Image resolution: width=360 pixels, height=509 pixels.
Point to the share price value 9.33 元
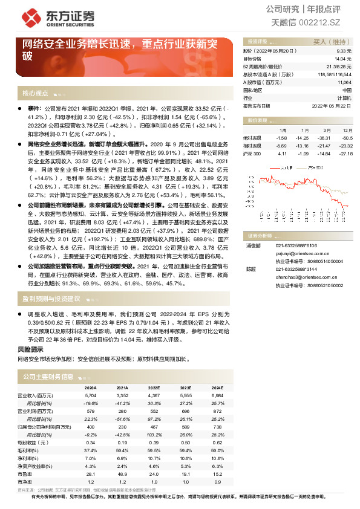click(342, 52)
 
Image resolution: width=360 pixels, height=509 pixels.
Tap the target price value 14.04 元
click(342, 59)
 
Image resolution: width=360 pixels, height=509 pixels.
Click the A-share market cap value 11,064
click(344, 82)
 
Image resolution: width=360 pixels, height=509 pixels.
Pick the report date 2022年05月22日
click(331, 105)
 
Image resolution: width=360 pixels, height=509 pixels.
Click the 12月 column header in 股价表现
click(347, 130)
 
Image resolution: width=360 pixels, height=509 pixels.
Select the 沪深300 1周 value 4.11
click(282, 154)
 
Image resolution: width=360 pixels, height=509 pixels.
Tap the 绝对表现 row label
click(252, 138)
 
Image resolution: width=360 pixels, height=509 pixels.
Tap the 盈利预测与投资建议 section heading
click(51, 298)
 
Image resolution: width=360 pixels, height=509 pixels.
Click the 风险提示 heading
click(30, 349)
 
